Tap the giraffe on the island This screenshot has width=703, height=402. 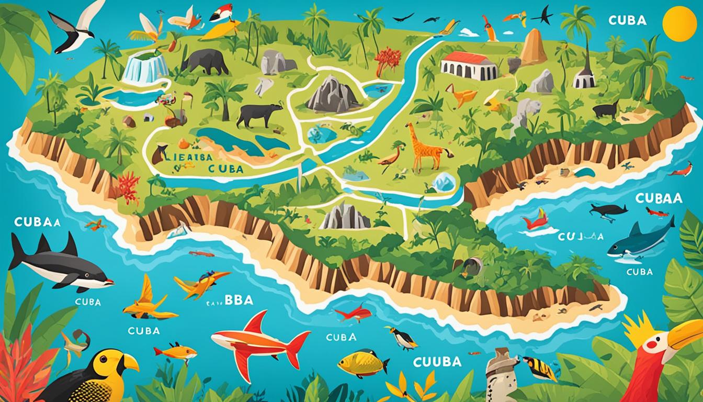tap(423, 146)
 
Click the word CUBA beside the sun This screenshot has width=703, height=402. tap(628, 20)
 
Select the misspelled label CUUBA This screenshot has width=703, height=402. tap(437, 362)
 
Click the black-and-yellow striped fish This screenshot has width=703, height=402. tap(539, 368)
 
